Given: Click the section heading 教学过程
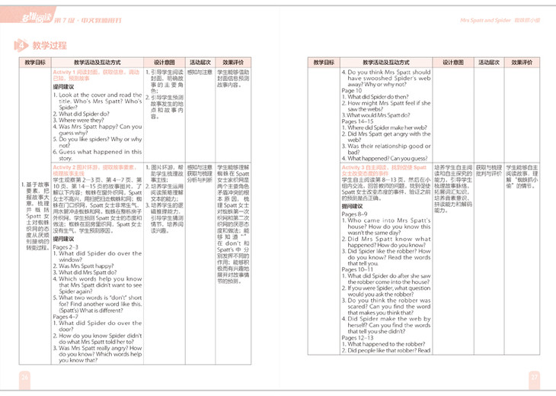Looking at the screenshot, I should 48,47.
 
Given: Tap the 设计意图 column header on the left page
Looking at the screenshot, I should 165,62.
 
